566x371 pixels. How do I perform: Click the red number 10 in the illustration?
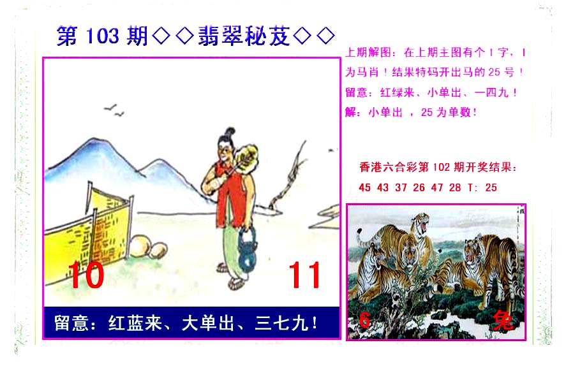86,275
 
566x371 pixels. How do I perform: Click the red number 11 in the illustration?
304,275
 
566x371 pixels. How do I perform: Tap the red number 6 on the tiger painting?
364,319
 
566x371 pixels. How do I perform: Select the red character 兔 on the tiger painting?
503,320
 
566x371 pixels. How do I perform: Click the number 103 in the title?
103,36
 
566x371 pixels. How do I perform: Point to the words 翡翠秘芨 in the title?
244,36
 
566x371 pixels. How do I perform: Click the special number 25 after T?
491,187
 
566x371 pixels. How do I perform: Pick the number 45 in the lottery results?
364,187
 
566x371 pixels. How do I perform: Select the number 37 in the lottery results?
401,187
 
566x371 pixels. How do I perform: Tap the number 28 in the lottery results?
455,187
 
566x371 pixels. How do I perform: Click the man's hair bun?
229,131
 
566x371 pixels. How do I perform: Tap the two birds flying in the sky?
114,110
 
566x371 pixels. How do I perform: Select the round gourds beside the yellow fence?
148,246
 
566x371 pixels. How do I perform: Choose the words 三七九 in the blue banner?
281,323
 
